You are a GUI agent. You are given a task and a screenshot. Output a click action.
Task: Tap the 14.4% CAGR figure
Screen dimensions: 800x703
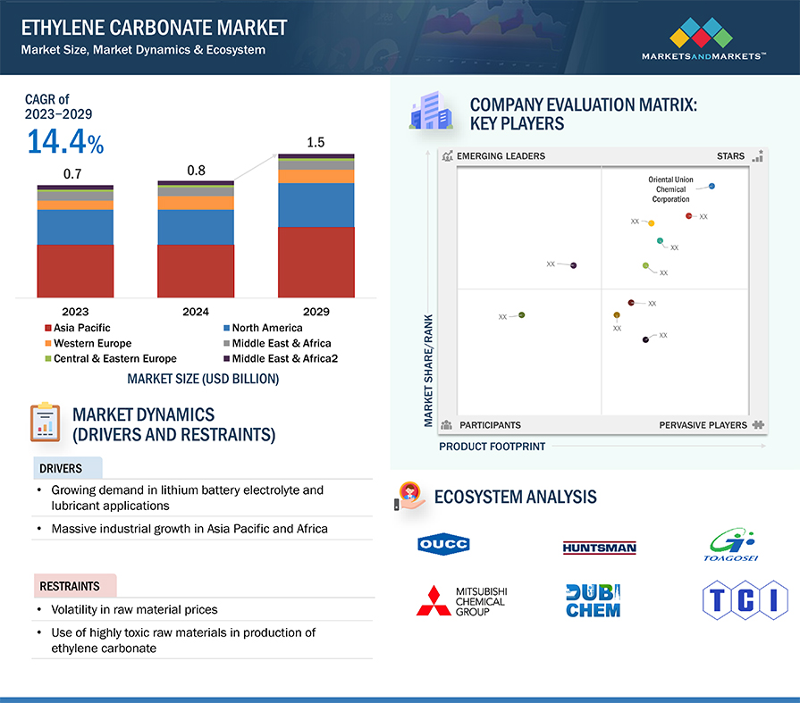[x=65, y=141]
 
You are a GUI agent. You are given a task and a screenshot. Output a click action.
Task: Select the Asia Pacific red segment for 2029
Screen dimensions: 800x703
[x=316, y=262]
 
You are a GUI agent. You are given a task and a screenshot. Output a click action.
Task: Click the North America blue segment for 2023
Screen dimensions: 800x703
[x=75, y=228]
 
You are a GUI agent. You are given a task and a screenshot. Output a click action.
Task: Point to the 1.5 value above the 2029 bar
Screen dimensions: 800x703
[x=316, y=142]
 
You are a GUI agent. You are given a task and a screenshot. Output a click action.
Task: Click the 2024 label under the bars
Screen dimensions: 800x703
[x=196, y=312]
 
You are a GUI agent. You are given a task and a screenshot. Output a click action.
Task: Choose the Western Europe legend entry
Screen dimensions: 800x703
[x=88, y=343]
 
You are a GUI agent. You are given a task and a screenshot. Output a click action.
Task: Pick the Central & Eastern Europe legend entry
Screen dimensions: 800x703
[x=111, y=358]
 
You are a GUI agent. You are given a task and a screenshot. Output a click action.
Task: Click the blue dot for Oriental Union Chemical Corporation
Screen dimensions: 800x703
[x=712, y=186]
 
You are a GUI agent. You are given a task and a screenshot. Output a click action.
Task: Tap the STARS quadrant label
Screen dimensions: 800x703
[x=730, y=156]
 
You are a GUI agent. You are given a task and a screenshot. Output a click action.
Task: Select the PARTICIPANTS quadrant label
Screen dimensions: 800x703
[x=490, y=425]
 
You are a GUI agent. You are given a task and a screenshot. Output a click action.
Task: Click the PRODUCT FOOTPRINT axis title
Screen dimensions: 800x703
[x=492, y=447]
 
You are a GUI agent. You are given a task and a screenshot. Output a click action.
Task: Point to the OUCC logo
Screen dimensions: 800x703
[x=443, y=545]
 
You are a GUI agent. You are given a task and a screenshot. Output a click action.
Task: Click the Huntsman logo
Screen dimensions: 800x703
[x=599, y=548]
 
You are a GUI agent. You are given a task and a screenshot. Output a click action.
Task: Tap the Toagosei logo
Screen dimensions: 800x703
[x=730, y=545]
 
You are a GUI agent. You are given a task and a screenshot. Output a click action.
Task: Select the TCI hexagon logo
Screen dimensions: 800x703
[x=745, y=599]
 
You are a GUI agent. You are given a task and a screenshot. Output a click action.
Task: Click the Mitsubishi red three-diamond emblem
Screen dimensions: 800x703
[x=434, y=601]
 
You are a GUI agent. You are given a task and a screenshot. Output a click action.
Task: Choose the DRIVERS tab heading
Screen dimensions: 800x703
[x=61, y=468]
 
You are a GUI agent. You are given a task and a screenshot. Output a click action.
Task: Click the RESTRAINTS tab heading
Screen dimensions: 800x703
[x=70, y=586]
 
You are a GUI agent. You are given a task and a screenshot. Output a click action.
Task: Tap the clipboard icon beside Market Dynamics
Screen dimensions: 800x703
[x=46, y=423]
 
